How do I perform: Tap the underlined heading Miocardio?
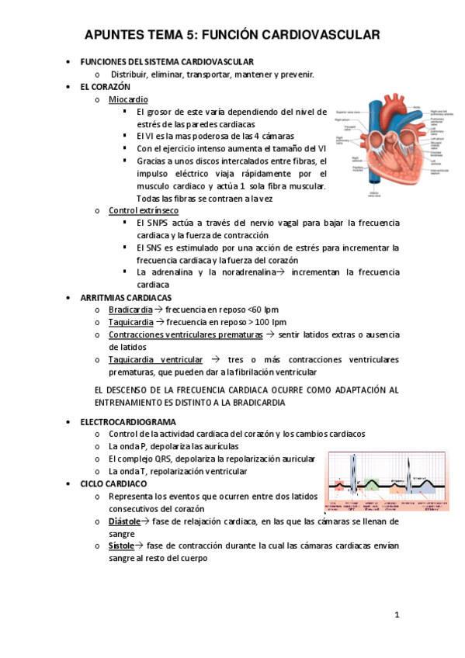(x=128, y=100)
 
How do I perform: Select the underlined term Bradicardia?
(x=130, y=310)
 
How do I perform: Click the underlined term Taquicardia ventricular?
(x=156, y=360)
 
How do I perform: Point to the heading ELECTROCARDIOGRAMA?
(x=128, y=421)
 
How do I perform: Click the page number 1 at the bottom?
(x=396, y=615)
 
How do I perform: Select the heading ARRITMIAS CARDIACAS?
(x=126, y=297)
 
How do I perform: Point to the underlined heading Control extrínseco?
(x=144, y=210)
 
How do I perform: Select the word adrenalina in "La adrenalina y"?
(x=169, y=272)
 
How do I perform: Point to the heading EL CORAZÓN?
(x=106, y=87)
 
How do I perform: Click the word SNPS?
(x=161, y=223)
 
